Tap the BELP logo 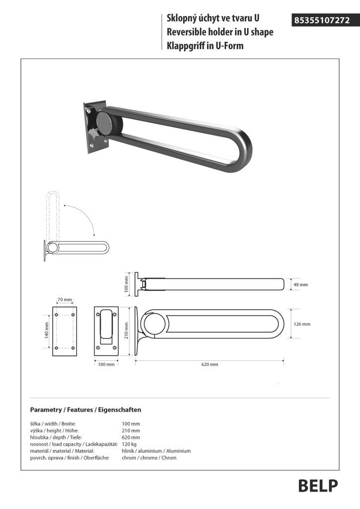(318, 485)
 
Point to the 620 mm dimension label (209, 364)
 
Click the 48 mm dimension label (300, 285)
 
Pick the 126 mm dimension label (302, 324)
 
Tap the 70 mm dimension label (65, 300)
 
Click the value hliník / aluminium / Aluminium (156, 451)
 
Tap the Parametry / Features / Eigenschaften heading (86, 410)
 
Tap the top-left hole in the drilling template (57, 315)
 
